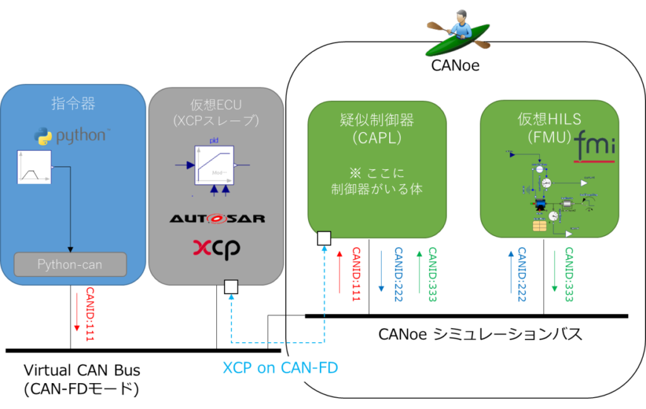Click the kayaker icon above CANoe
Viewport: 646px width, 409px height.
click(458, 34)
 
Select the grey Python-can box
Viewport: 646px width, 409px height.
click(71, 264)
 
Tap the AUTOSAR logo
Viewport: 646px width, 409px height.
click(217, 218)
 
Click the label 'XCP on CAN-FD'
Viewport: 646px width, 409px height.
click(280, 367)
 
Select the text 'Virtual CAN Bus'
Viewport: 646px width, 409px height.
click(82, 370)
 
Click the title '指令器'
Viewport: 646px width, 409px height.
click(71, 103)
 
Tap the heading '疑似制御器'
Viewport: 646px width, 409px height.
click(377, 119)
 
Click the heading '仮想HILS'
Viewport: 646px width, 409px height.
click(548, 119)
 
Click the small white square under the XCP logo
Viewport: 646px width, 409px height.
click(231, 288)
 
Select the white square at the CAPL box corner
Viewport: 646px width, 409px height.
click(324, 238)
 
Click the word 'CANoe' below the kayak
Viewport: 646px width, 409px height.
click(455, 65)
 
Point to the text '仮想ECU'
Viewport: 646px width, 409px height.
click(216, 104)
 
